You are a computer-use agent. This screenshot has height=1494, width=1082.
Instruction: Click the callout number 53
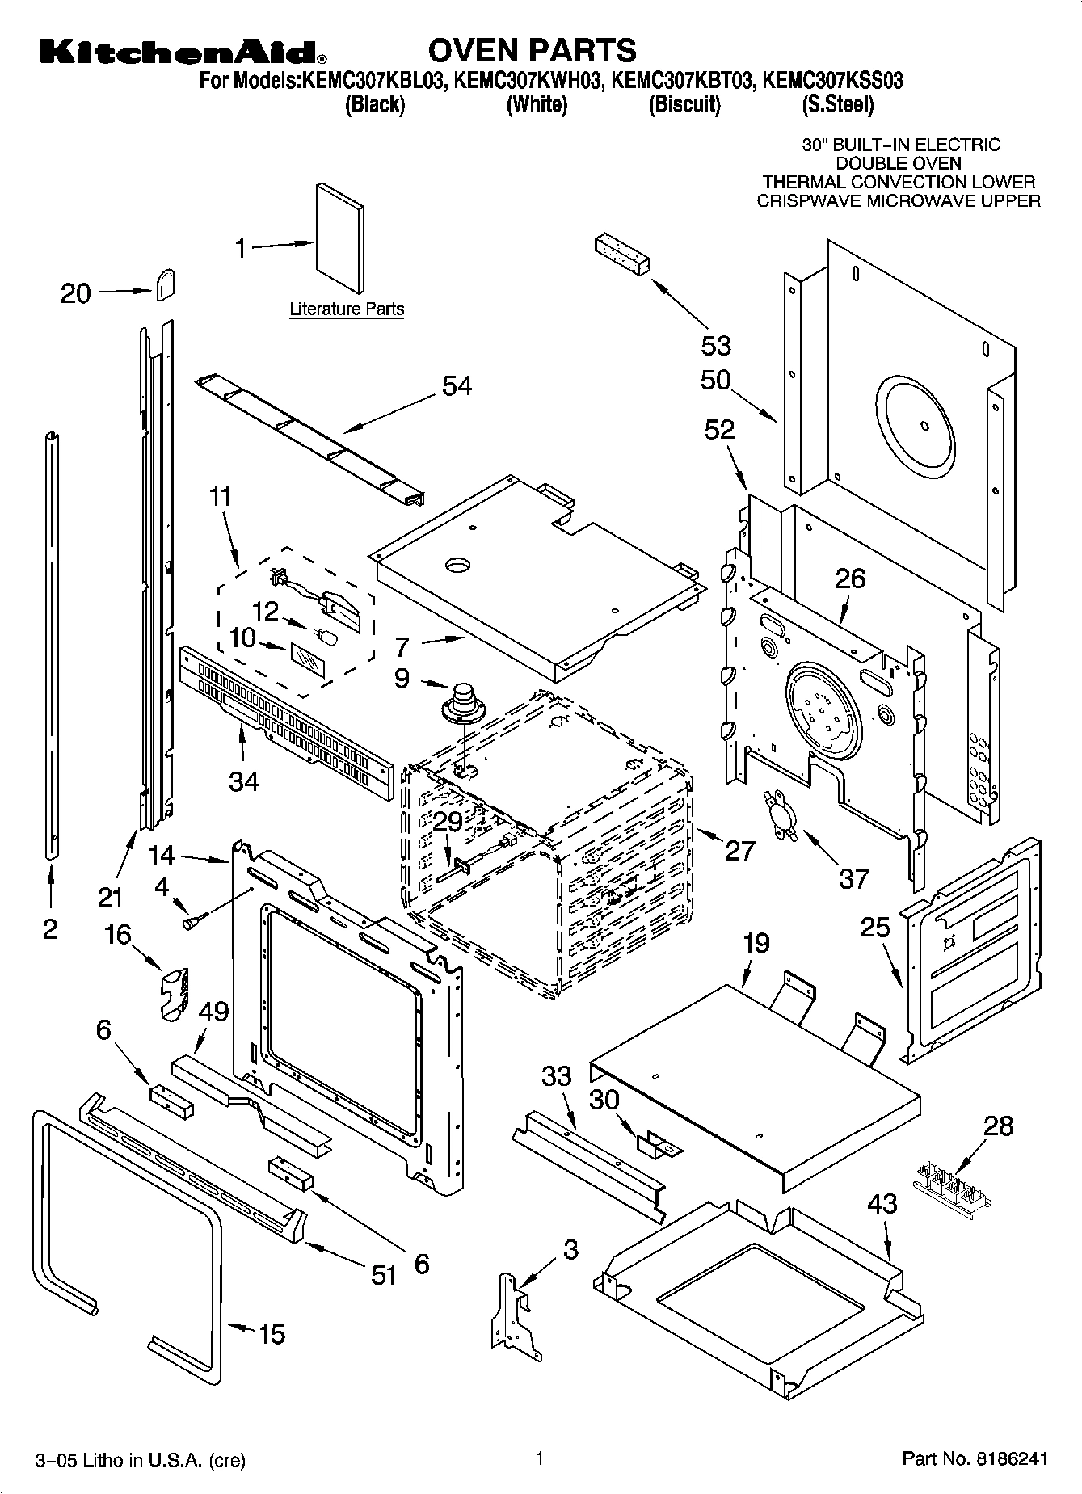point(716,345)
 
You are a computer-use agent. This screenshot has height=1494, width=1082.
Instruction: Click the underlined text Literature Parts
point(347,309)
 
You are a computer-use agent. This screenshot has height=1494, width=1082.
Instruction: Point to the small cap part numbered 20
point(165,284)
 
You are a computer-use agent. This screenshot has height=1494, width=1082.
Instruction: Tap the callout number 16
point(118,935)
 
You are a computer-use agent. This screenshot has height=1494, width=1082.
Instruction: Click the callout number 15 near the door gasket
point(272,1333)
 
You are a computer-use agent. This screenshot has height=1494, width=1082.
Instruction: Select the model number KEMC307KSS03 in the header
point(832,81)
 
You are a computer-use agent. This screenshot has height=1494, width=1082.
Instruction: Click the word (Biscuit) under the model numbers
point(684,104)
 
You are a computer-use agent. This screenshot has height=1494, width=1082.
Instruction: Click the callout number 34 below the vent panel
point(243,781)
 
